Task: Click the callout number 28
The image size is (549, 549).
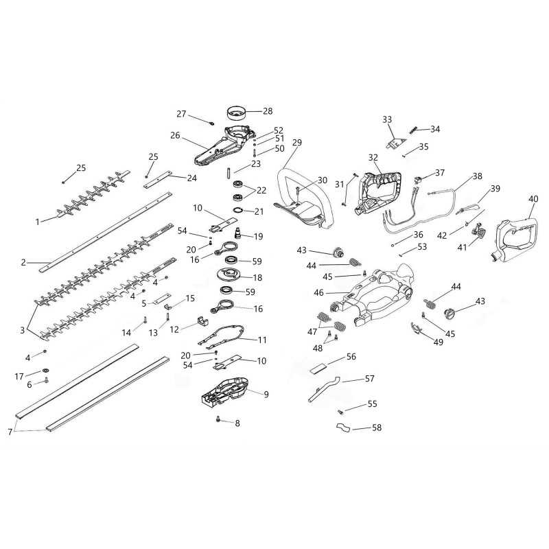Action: [x=268, y=111]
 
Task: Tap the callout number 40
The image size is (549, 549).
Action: [x=533, y=199]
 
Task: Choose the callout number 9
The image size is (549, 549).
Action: [x=266, y=395]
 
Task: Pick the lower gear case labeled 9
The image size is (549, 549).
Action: [x=225, y=390]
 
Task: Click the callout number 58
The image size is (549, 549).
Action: [x=377, y=428]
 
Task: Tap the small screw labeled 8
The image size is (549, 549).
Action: [x=218, y=419]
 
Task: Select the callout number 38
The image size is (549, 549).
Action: [x=478, y=176]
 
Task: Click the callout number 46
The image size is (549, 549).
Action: [x=318, y=293]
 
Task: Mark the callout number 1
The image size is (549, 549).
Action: [x=38, y=222]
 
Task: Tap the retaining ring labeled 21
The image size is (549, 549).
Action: [x=237, y=211]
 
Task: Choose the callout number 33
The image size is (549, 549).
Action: [x=387, y=119]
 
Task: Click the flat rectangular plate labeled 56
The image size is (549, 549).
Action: [x=318, y=369]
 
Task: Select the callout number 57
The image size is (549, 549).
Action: [x=370, y=379]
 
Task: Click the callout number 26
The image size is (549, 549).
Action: [x=175, y=135]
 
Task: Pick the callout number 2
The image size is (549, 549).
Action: [x=23, y=262]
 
